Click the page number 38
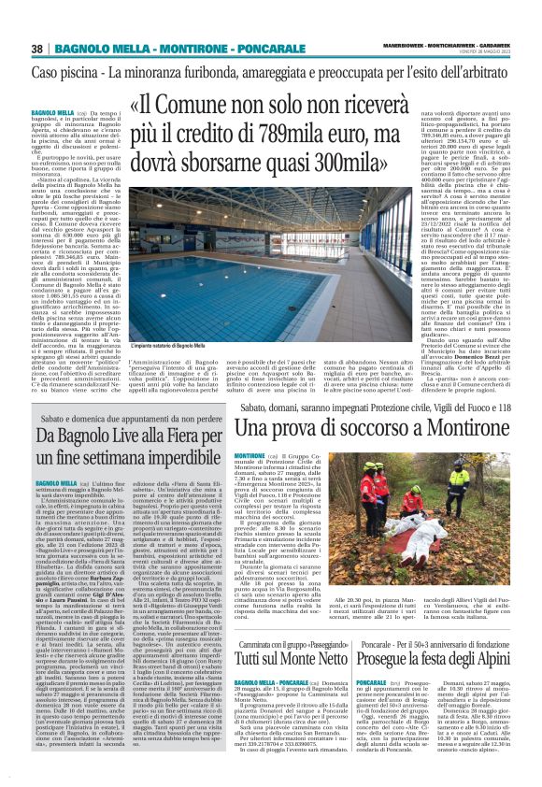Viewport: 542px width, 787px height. tap(37, 49)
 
